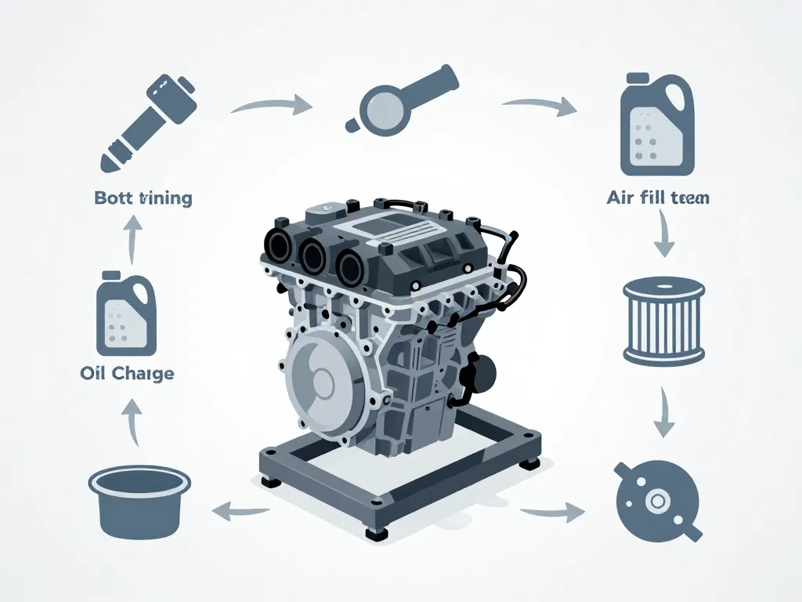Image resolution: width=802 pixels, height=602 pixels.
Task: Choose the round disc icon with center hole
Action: click(656, 499)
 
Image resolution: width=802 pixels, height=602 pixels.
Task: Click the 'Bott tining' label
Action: click(143, 198)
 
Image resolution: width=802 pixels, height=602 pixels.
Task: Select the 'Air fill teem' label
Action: click(657, 198)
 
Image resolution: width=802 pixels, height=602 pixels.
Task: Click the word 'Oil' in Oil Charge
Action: click(93, 373)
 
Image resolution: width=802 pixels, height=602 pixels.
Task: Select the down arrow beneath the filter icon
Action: click(664, 412)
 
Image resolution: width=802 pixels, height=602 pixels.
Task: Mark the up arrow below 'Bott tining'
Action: click(132, 238)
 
